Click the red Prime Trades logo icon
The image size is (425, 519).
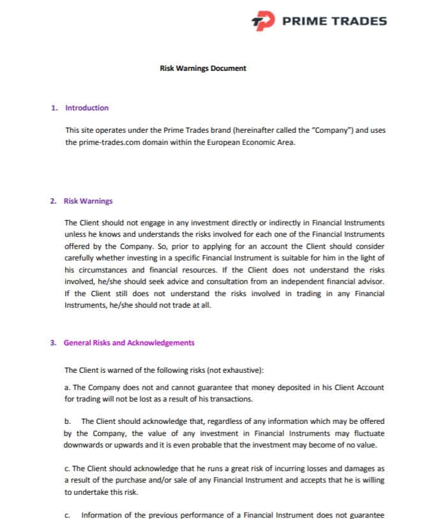262,21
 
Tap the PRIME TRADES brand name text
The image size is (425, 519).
334,21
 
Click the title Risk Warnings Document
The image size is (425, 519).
202,68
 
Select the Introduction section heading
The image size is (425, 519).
87,108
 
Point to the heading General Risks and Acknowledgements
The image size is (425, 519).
129,343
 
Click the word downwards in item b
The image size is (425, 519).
84,445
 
